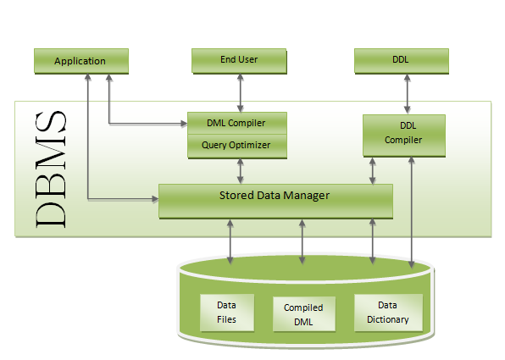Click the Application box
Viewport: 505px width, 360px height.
tap(81, 61)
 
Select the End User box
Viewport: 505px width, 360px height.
tap(239, 61)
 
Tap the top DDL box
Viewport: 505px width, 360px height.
tap(402, 61)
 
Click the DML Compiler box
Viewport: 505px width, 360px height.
tap(237, 123)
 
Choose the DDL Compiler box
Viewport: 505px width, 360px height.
tap(404, 136)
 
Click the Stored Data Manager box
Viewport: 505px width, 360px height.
tap(275, 202)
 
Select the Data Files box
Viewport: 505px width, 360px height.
tap(227, 313)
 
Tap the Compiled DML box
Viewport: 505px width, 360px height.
tap(304, 314)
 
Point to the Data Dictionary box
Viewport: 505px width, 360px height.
tap(388, 313)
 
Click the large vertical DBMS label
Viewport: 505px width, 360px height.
tap(51, 169)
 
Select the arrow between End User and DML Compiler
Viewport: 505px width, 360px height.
tap(241, 93)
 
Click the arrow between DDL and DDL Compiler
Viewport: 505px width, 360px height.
tap(407, 94)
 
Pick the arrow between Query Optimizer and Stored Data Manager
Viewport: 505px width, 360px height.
tap(241, 171)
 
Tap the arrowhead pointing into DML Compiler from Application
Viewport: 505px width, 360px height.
tap(184, 124)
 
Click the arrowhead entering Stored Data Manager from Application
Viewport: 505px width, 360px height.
tap(155, 199)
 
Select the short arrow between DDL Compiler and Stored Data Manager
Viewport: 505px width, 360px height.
tap(373, 171)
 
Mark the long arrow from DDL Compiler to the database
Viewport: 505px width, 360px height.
tap(411, 213)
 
